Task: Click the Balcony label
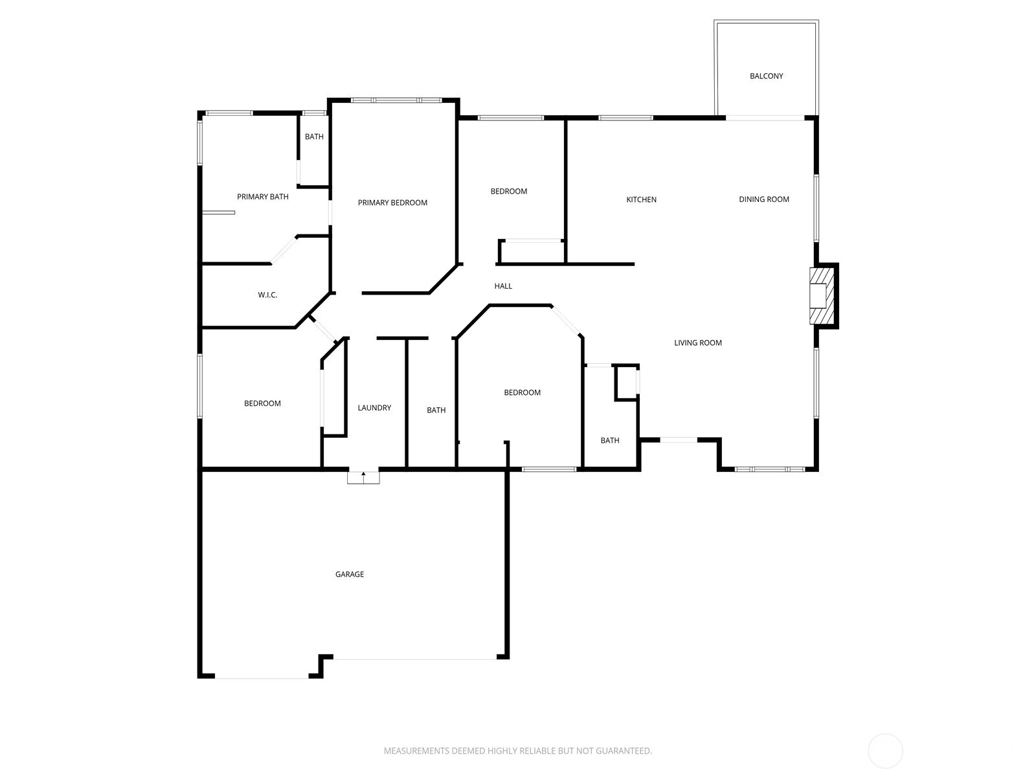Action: pyautogui.click(x=766, y=76)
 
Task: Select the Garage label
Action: pyautogui.click(x=350, y=574)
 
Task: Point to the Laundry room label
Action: pyautogui.click(x=374, y=408)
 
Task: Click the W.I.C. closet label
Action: pyautogui.click(x=267, y=295)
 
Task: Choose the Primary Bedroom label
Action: pyautogui.click(x=392, y=203)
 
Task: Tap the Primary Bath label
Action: pyautogui.click(x=262, y=197)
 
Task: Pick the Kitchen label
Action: pyautogui.click(x=641, y=199)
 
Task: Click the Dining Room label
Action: pyautogui.click(x=764, y=199)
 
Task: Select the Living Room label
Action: pyautogui.click(x=697, y=343)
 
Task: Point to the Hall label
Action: pyautogui.click(x=503, y=286)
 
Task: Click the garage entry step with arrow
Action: pyautogui.click(x=363, y=478)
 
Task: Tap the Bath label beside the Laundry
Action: pyautogui.click(x=436, y=411)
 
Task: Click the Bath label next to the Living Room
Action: pyautogui.click(x=609, y=441)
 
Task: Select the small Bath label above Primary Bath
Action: pyautogui.click(x=314, y=137)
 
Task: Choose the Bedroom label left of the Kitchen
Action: pyautogui.click(x=508, y=192)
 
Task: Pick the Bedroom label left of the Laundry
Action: pyautogui.click(x=262, y=404)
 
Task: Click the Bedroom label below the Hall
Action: pyautogui.click(x=522, y=393)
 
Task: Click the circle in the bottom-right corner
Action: pyautogui.click(x=885, y=751)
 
